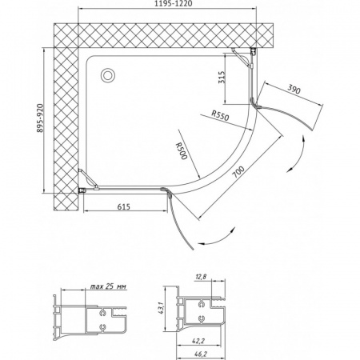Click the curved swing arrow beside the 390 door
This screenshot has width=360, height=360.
pyautogui.click(x=298, y=150)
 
